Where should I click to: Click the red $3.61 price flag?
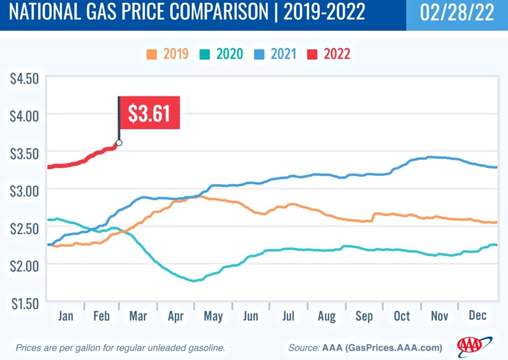pos(149,113)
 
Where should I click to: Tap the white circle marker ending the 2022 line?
pos(119,143)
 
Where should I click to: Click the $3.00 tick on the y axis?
pos(24,189)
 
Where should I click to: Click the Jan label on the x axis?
pos(66,316)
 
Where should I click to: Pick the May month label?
pos(213,316)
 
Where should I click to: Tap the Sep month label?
pos(364,316)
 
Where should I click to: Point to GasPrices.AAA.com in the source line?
pos(393,348)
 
